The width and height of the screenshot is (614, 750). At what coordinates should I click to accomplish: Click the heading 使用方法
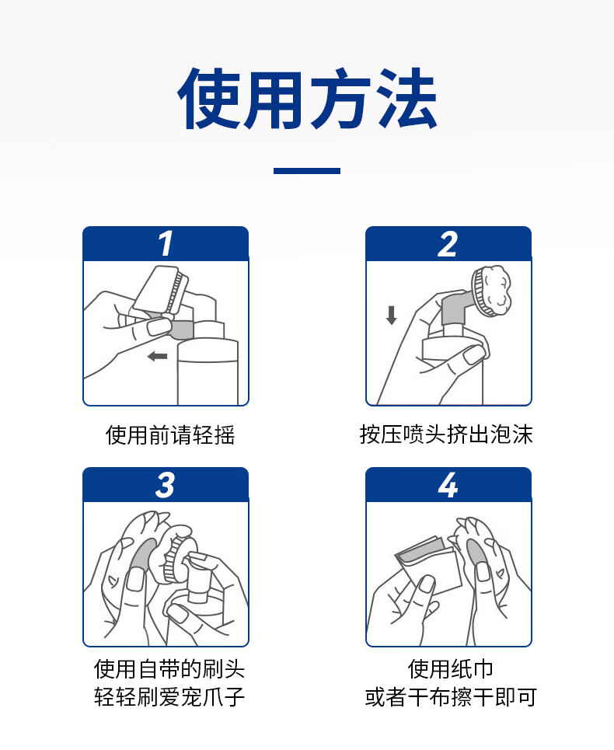coord(307,99)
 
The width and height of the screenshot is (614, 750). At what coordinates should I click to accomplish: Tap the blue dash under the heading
coord(307,171)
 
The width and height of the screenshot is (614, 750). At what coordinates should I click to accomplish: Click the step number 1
coord(166,243)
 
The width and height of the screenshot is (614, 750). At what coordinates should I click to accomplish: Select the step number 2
coord(448,244)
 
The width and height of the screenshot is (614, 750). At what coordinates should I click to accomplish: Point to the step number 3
coord(165,485)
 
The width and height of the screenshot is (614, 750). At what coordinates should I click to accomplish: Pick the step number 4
coord(448,485)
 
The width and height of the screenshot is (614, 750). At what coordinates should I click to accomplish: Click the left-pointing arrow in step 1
coord(157,356)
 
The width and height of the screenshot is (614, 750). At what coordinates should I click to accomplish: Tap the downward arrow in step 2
coord(392,316)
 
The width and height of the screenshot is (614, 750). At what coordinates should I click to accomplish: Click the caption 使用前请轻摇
coord(170,435)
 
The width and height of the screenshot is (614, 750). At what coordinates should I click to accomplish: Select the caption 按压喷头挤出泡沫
coord(446,434)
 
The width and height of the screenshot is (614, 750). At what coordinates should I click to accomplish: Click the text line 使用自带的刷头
coord(169,668)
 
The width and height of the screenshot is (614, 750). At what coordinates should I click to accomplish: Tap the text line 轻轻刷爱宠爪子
coord(169,696)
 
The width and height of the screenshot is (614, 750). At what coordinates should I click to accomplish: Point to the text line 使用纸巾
coord(451,668)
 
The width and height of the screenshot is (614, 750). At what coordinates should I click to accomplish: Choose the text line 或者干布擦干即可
coord(451,697)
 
